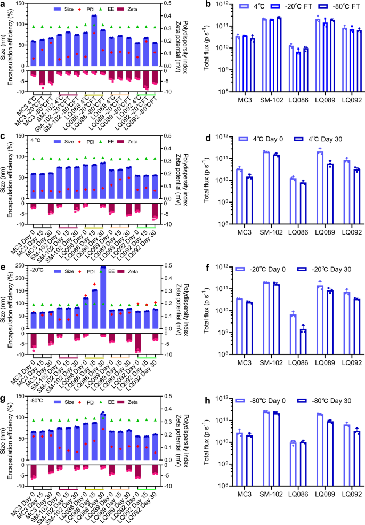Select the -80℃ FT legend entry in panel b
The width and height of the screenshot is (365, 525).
[327, 6]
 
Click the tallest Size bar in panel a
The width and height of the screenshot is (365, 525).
[94, 40]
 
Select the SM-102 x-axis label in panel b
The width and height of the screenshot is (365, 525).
[261, 100]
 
